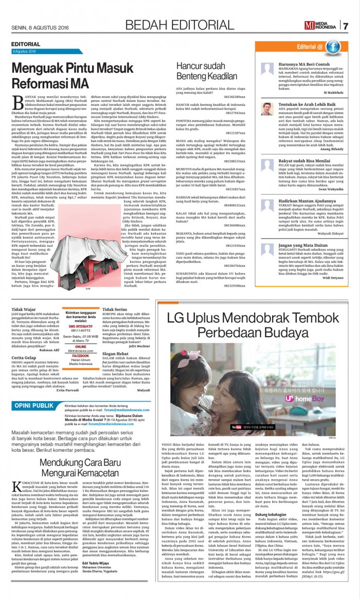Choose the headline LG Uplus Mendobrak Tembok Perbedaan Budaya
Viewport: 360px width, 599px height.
click(x=256, y=322)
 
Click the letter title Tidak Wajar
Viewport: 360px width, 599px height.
click(x=23, y=310)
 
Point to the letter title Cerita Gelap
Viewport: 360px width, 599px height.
click(x=24, y=357)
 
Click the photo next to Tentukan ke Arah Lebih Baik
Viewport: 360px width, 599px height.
click(x=267, y=109)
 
